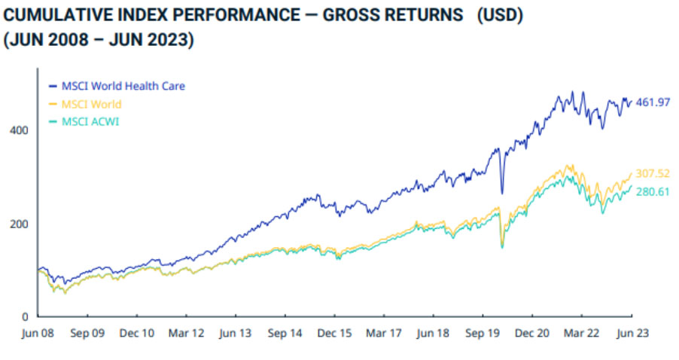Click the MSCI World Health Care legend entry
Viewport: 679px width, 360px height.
[x=123, y=86]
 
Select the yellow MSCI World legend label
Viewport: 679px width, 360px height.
[x=91, y=104]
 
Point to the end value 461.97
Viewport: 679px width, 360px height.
[x=653, y=102]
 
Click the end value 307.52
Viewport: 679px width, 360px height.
[x=653, y=174]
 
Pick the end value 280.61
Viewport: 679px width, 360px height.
[x=653, y=191]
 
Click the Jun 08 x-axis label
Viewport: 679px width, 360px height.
[x=38, y=332]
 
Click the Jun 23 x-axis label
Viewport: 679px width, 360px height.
[x=632, y=332]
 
